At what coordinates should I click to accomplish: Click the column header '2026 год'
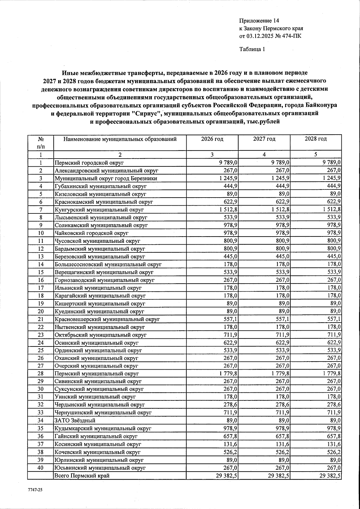coord(212,139)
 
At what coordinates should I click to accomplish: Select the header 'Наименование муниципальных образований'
coord(120,139)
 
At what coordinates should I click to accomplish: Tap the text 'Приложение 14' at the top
coord(259,21)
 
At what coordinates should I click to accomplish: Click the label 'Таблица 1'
coord(252,49)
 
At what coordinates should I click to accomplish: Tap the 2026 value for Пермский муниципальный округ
coord(227,374)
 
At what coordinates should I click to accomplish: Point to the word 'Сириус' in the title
coord(146,114)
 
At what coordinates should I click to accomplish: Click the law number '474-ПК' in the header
coord(292,36)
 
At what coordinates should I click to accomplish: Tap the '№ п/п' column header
coord(40,143)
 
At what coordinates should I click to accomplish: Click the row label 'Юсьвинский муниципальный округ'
coord(100,468)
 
